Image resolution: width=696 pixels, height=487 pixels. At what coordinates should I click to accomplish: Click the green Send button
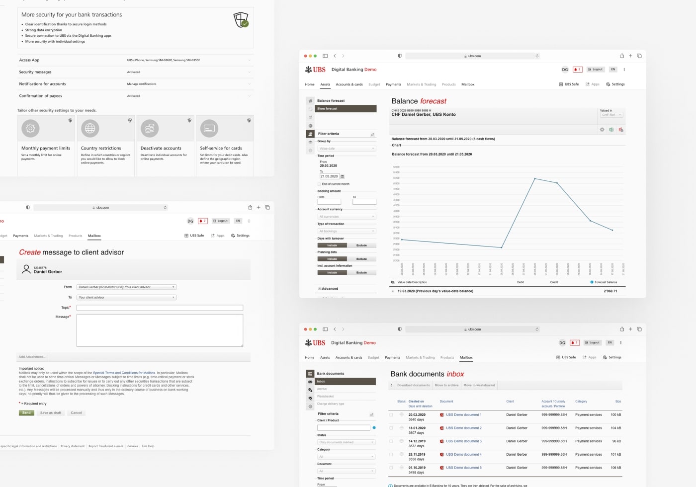(x=26, y=413)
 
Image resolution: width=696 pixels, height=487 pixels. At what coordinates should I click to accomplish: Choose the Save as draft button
(x=51, y=413)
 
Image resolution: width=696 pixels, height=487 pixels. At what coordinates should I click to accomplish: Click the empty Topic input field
(x=160, y=308)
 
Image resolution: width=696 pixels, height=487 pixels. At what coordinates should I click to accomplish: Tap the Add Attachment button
(x=32, y=357)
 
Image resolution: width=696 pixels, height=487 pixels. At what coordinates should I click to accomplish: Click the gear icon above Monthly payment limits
(x=30, y=128)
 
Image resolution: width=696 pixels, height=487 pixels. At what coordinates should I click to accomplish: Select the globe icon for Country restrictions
(x=90, y=128)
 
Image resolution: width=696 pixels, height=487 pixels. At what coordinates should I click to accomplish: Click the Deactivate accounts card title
(x=161, y=148)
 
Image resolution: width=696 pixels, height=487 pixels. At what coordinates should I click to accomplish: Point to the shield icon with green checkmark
(x=241, y=20)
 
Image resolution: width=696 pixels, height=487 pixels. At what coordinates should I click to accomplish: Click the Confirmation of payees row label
(x=41, y=96)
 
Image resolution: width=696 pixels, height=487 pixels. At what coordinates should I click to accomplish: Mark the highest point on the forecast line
(x=535, y=178)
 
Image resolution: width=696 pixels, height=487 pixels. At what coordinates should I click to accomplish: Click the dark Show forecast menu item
(x=347, y=108)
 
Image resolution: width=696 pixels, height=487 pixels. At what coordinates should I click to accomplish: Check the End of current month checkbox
(x=319, y=184)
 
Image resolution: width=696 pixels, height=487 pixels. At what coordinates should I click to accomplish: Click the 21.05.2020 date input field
(x=329, y=176)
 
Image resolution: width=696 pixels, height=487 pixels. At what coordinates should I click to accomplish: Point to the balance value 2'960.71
(x=610, y=291)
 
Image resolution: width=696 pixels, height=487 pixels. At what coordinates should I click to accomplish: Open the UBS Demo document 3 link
(x=463, y=441)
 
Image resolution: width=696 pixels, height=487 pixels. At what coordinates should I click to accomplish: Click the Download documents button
(x=413, y=385)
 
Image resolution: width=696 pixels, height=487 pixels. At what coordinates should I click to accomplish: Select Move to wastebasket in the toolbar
(x=479, y=385)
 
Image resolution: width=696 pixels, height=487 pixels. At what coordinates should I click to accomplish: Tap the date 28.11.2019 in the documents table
(x=417, y=454)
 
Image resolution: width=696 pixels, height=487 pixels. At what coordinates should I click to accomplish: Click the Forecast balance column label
(x=606, y=282)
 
